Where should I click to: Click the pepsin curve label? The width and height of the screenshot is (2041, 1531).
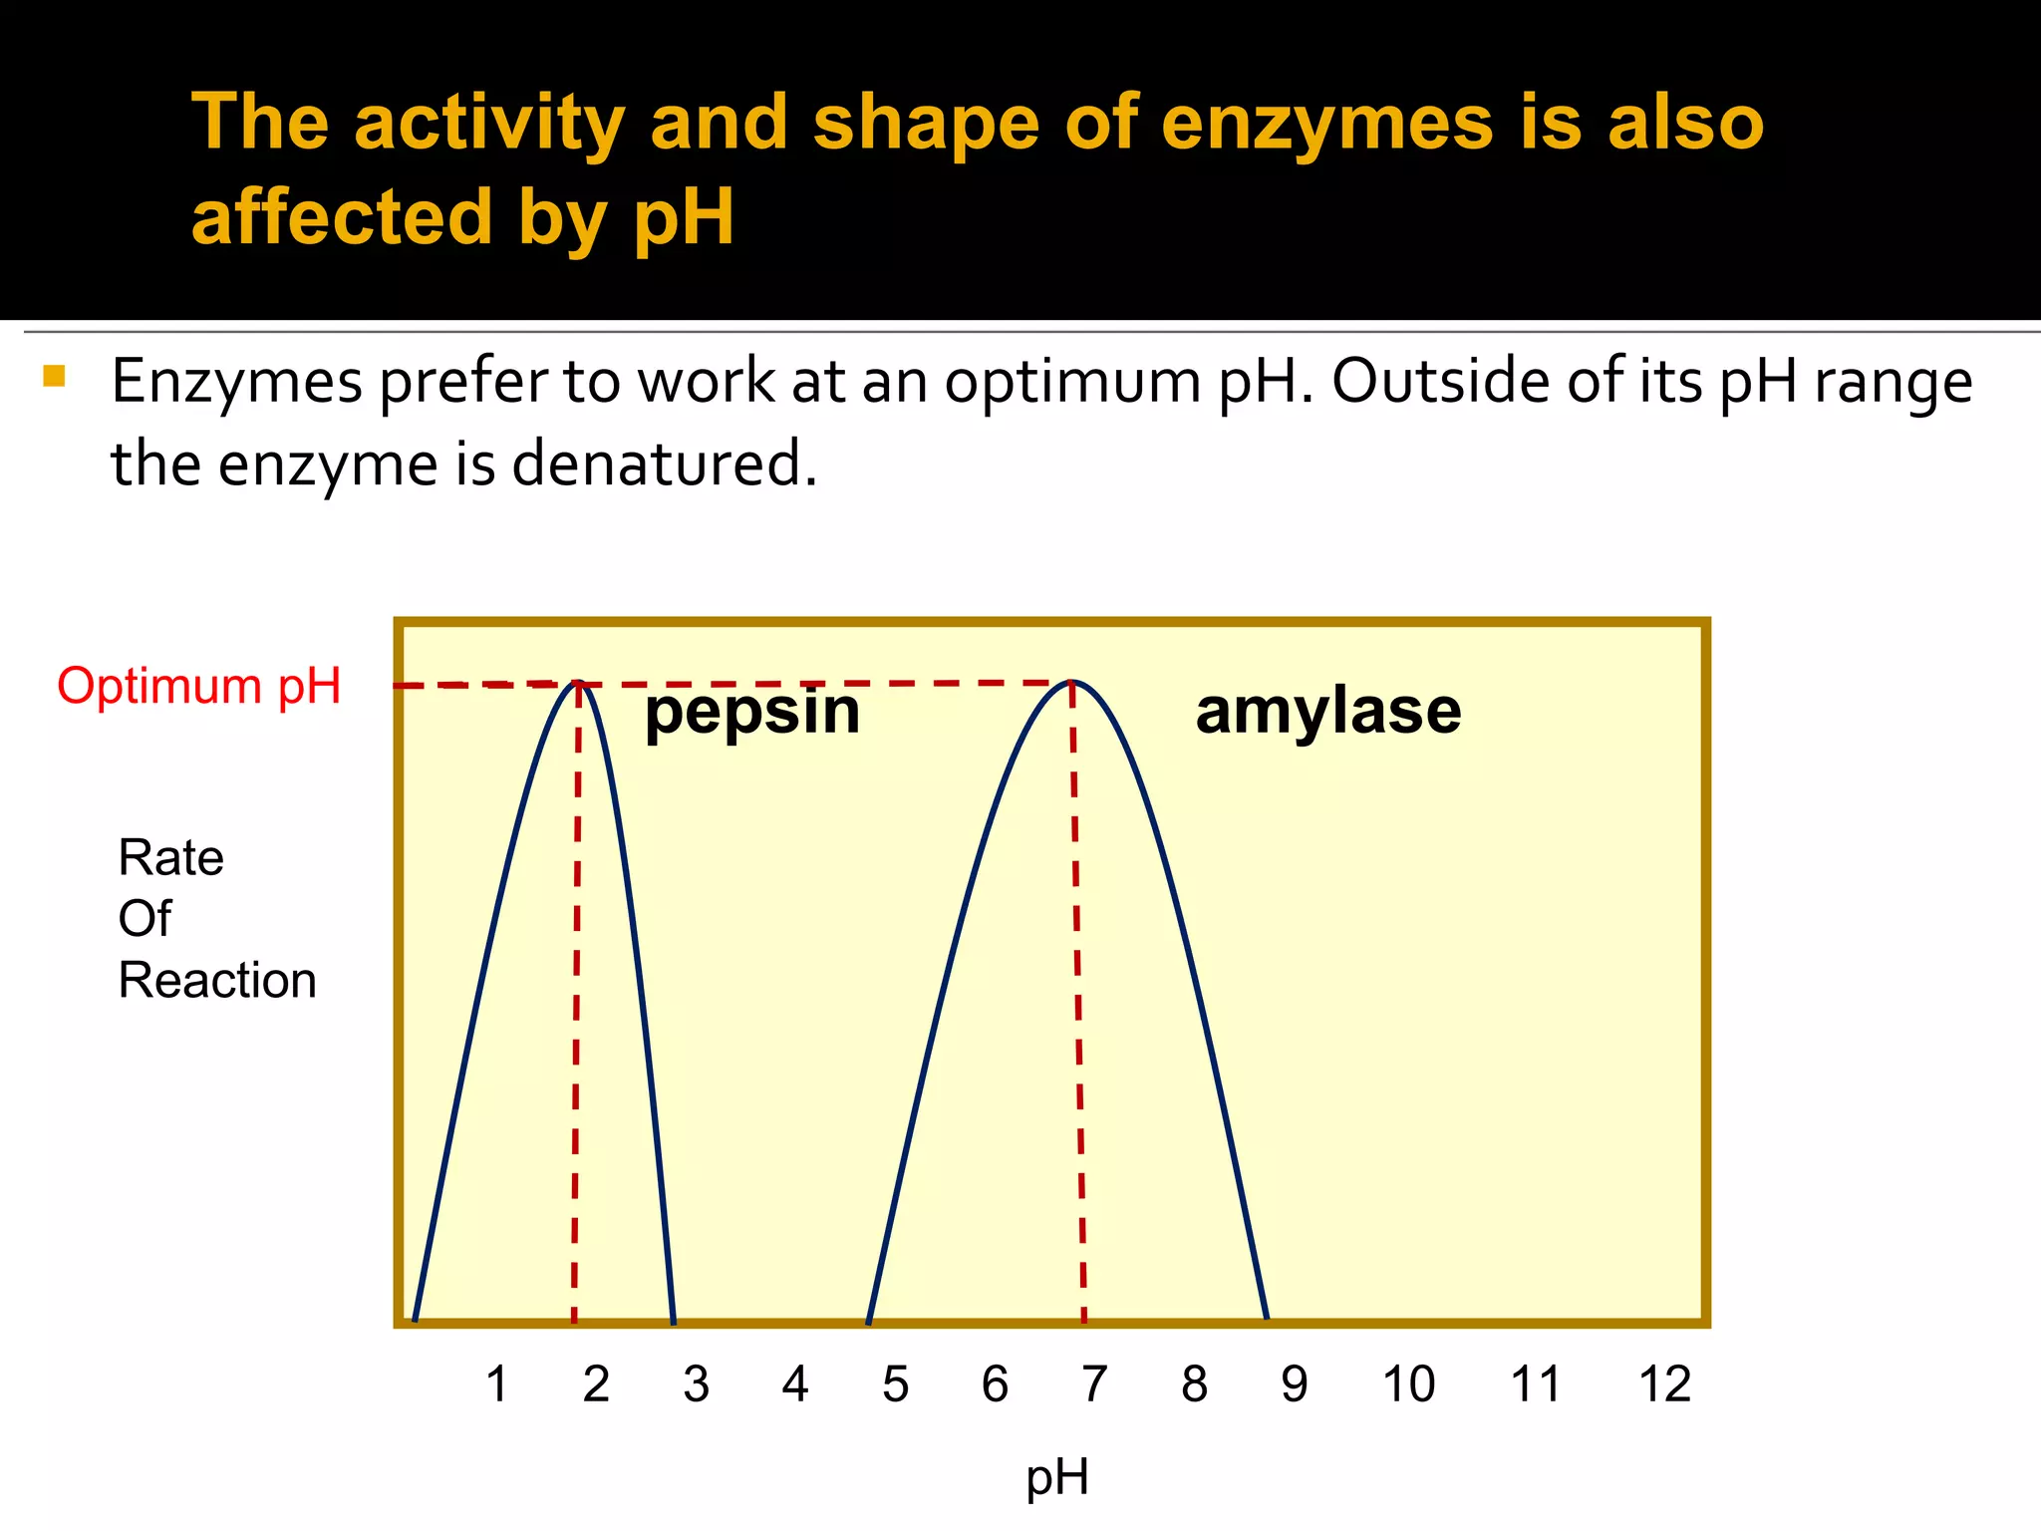click(x=752, y=713)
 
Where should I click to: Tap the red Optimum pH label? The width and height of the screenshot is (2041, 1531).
click(x=199, y=686)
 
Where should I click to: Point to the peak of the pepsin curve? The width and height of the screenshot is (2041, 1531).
click(x=579, y=683)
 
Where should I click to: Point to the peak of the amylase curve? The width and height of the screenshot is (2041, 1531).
click(x=1072, y=682)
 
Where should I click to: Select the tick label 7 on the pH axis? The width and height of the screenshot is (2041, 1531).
click(x=1094, y=1383)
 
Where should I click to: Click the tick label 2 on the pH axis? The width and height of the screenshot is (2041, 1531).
click(x=596, y=1383)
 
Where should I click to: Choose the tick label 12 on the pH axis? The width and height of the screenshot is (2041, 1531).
click(x=1664, y=1383)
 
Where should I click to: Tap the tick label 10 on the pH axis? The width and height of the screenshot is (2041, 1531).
click(x=1408, y=1383)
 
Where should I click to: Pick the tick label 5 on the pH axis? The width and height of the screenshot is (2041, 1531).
click(x=895, y=1383)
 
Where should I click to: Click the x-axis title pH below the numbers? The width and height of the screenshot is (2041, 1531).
click(x=1057, y=1477)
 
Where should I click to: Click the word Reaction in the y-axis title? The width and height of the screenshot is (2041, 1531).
click(x=217, y=980)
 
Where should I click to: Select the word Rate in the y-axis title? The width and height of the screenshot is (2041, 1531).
click(x=170, y=857)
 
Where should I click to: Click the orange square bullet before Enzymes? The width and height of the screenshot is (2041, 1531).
click(x=54, y=376)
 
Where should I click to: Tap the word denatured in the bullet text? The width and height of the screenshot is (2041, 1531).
click(x=664, y=464)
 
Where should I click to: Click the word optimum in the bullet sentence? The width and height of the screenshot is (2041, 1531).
click(x=1072, y=383)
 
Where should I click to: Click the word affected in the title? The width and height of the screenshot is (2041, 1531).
click(x=342, y=216)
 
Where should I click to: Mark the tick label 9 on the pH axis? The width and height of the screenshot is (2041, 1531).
click(x=1294, y=1383)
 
